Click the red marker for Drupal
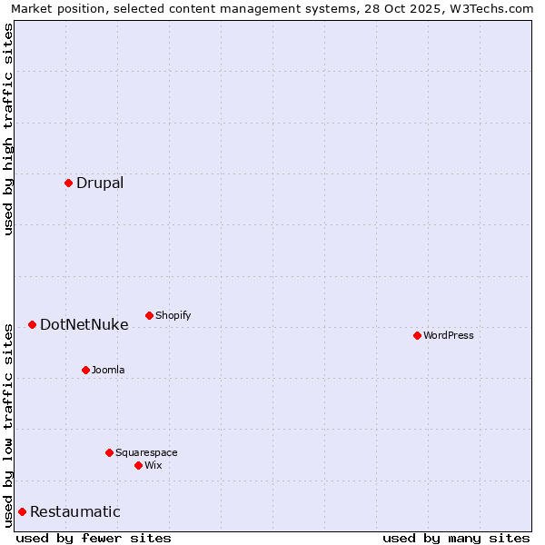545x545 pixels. (x=68, y=183)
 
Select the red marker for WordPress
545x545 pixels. (x=417, y=335)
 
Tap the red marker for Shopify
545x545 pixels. (x=149, y=315)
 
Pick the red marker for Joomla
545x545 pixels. (x=85, y=370)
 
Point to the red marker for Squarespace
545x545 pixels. (x=109, y=452)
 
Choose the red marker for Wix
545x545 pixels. (x=138, y=465)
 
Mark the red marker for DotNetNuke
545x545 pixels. (x=32, y=324)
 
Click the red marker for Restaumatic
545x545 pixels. (x=22, y=511)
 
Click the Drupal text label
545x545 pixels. (x=100, y=183)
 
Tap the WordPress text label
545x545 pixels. (x=449, y=335)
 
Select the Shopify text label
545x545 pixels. (x=173, y=315)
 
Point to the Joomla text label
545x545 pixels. (x=108, y=370)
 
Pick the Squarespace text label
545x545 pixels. (x=146, y=452)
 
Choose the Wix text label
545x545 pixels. (x=154, y=465)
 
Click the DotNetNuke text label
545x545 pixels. (x=84, y=324)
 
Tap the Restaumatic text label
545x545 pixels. (x=75, y=511)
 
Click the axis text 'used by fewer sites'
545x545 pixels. (x=94, y=538)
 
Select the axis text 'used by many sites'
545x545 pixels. (x=456, y=538)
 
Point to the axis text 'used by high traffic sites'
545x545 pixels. (x=8, y=129)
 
